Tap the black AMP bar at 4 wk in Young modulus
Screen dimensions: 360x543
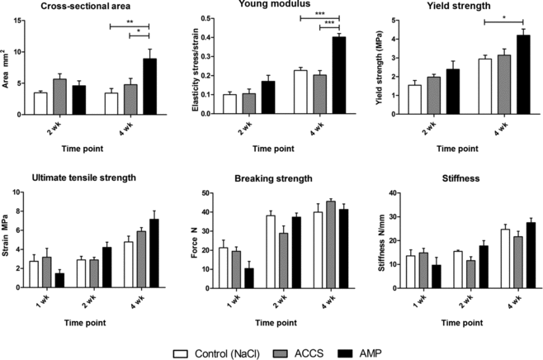[339, 75]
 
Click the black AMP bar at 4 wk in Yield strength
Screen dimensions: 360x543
[522, 74]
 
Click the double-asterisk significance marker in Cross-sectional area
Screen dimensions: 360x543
[130, 22]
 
